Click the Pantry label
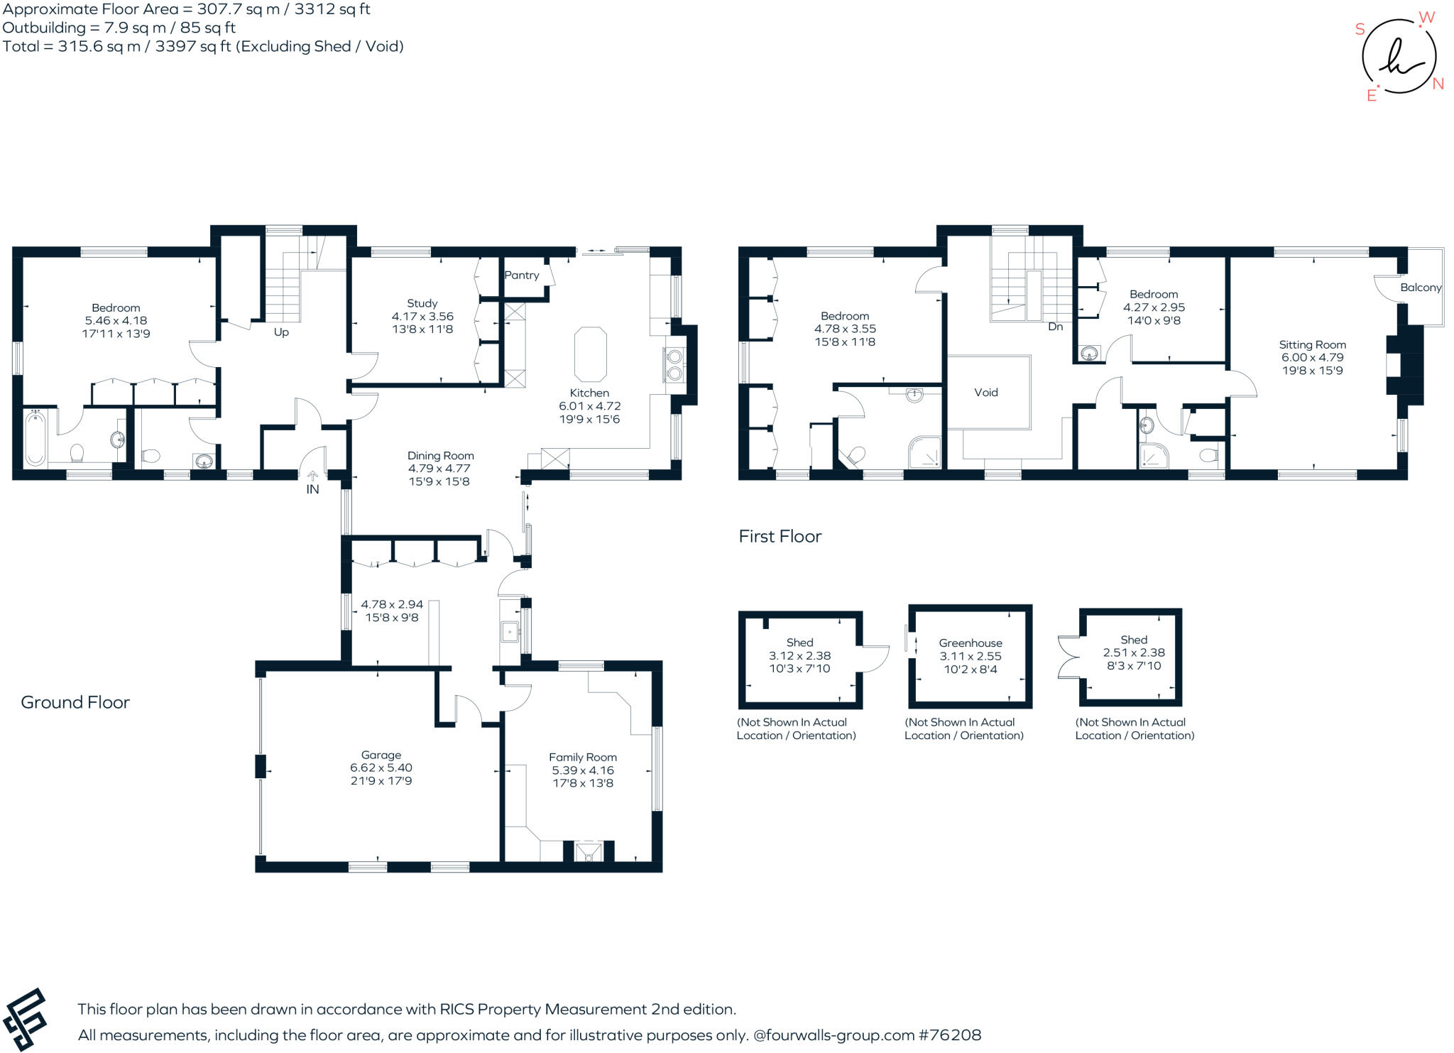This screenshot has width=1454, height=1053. click(521, 275)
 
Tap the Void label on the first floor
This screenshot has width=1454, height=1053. click(985, 393)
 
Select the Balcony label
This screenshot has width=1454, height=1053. click(1420, 288)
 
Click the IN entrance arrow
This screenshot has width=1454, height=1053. click(312, 478)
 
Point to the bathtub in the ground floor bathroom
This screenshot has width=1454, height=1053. click(35, 437)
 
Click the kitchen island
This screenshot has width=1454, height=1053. click(590, 354)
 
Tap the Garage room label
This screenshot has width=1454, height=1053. click(381, 755)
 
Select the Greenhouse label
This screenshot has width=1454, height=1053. click(970, 643)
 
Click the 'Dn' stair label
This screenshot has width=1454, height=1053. click(1055, 327)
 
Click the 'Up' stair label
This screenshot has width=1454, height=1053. click(281, 332)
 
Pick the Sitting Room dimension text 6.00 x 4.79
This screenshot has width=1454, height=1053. click(1312, 358)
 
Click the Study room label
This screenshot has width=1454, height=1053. click(422, 303)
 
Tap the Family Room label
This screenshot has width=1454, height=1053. click(582, 758)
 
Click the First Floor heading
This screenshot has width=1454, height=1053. click(780, 537)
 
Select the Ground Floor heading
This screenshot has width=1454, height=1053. click(75, 703)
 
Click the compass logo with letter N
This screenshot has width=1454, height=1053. click(1399, 57)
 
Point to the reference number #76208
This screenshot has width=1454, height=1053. click(950, 1035)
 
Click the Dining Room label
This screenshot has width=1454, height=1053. click(440, 456)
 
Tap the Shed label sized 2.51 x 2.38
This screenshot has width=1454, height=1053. click(1133, 640)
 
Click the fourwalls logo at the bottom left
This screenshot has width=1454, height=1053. click(25, 1020)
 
